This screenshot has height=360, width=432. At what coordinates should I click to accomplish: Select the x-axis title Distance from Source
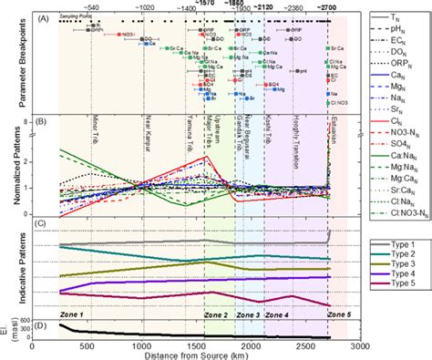point(196,349)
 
